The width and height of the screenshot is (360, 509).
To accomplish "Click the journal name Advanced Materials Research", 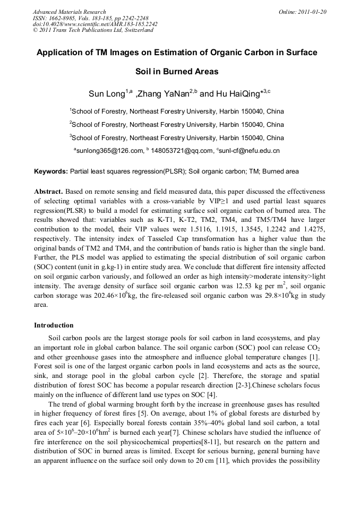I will click(x=69, y=12).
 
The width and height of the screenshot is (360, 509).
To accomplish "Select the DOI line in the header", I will click(x=95, y=24).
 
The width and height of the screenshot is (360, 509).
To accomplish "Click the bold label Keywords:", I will click(x=51, y=171).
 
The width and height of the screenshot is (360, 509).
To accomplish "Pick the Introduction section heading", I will click(x=54, y=325).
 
